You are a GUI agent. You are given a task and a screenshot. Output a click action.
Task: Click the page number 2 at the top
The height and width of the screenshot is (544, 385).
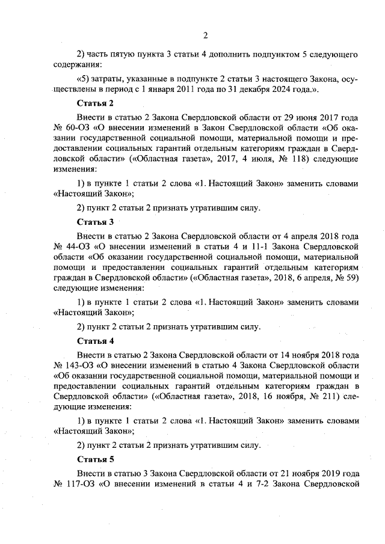(x=205, y=34)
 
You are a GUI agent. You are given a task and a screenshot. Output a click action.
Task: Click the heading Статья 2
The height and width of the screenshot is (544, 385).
(x=96, y=103)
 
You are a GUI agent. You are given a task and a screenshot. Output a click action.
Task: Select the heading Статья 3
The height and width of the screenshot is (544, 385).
(x=96, y=222)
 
